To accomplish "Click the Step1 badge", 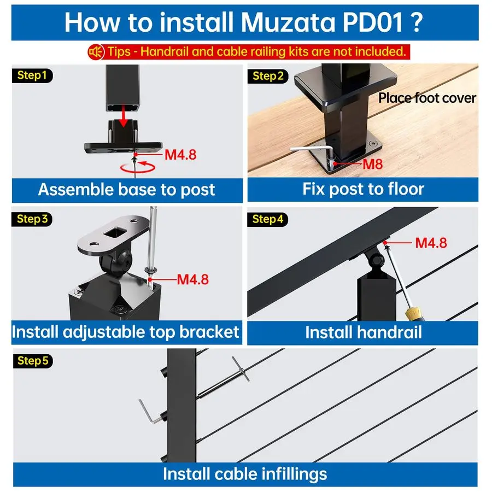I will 32,75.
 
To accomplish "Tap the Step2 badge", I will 268,76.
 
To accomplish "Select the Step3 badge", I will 32,219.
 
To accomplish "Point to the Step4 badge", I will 268,219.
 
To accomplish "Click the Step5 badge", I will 32,360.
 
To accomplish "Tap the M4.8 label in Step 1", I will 180,155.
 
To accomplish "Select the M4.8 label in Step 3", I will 192,279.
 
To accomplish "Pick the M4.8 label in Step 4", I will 431,242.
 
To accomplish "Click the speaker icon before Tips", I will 96,52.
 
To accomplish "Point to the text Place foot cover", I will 427,98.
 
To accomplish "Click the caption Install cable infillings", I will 245,473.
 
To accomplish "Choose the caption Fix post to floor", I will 363,189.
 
